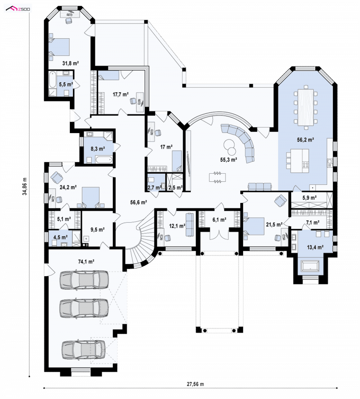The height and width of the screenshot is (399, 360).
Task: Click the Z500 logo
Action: (18, 9)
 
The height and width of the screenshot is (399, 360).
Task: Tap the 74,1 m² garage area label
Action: (86, 261)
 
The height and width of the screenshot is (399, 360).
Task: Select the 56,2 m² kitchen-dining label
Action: (305, 139)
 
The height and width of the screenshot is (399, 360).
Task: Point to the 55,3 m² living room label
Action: (229, 160)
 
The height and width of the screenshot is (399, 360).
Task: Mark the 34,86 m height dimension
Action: (25, 186)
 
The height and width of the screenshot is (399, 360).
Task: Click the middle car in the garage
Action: (84, 308)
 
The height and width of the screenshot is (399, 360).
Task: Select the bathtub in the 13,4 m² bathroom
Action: (310, 266)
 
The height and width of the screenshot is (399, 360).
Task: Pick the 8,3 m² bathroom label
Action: (98, 148)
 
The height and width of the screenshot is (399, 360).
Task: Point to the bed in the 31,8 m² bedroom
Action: (59, 47)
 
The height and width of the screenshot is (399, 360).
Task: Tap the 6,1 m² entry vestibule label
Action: (220, 220)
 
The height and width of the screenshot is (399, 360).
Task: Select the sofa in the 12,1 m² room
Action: (189, 225)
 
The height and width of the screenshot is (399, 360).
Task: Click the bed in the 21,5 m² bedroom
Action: (254, 226)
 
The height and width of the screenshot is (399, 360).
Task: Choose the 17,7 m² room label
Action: (121, 94)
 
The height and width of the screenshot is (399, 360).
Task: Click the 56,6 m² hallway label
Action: (139, 202)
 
